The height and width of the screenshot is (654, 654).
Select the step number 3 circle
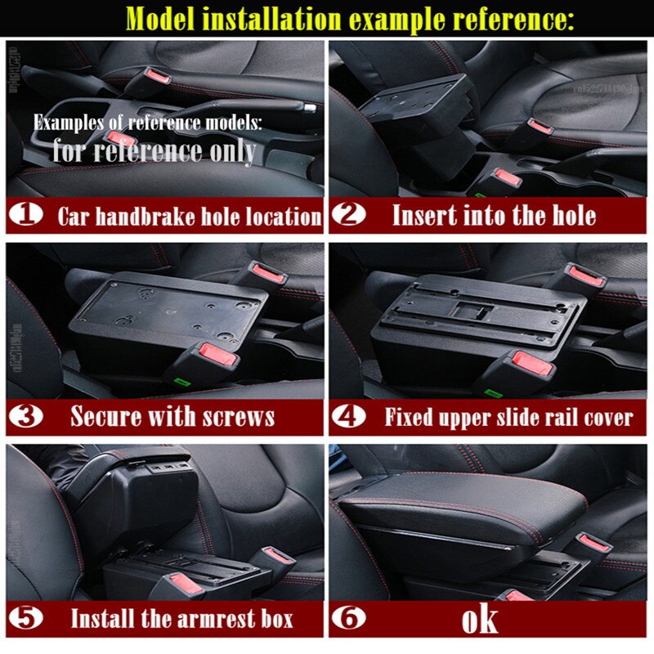click(x=28, y=416)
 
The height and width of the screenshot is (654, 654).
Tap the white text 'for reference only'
click(x=154, y=150)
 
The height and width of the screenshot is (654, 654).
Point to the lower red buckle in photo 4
click(x=522, y=361)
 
